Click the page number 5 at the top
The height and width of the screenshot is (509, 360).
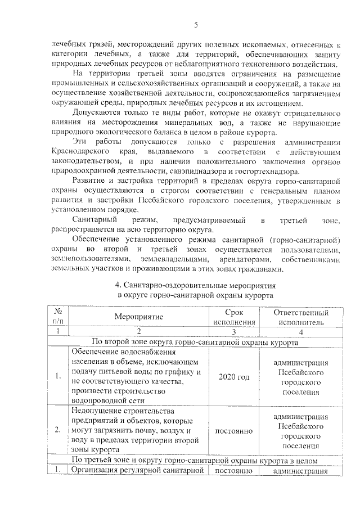(196, 25)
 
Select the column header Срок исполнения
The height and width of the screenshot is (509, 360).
(233, 317)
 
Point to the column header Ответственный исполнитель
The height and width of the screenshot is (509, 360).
(300, 317)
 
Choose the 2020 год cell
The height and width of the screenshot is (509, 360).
(233, 377)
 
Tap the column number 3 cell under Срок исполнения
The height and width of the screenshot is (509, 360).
(233, 332)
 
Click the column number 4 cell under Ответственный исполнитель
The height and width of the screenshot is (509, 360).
(300, 332)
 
